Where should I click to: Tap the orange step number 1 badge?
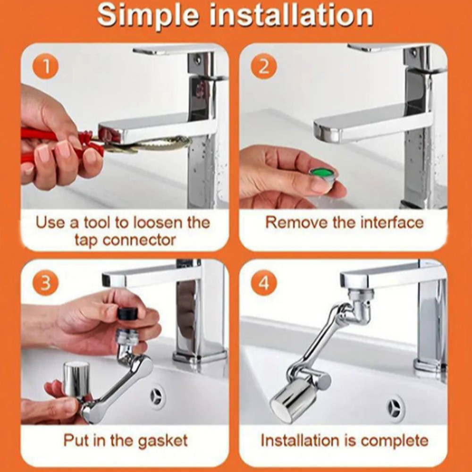tap(46, 67)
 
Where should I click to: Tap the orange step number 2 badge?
tap(264, 67)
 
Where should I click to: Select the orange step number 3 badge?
tap(45, 283)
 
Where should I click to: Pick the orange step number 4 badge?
tap(264, 283)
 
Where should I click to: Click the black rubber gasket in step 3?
tap(127, 313)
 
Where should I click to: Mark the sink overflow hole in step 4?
tap(395, 408)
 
